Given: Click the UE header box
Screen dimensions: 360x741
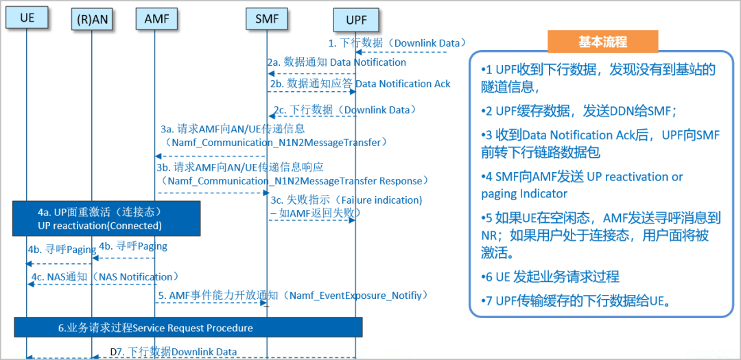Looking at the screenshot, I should (27, 19).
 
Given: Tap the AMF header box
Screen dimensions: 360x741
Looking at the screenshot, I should (156, 19).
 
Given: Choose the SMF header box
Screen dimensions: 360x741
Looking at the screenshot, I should (267, 19).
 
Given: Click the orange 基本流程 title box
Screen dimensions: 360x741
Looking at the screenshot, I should (602, 42).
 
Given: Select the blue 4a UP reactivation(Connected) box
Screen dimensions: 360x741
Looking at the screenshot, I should (106, 218).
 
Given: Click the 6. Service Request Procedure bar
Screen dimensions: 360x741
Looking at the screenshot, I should (189, 328).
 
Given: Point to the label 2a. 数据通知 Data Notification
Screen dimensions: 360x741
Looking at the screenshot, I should (337, 62).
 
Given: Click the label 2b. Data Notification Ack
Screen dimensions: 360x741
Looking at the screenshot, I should (360, 84).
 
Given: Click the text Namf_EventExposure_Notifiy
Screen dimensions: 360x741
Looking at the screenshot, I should (360, 296).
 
